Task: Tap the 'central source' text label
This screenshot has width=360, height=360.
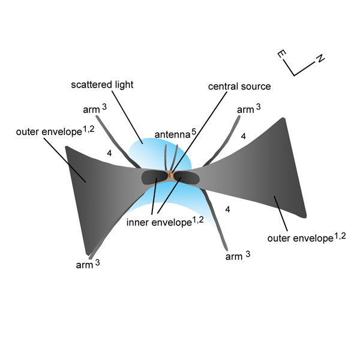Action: coord(239,86)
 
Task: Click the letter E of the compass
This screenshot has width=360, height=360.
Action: coord(281,54)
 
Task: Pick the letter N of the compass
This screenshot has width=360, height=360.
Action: coord(320,58)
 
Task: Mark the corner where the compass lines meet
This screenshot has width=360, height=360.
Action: coord(295,75)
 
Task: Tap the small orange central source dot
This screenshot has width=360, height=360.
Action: coord(170,175)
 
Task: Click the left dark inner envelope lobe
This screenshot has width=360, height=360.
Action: coord(154,178)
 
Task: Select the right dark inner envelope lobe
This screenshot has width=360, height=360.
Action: coord(187,178)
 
